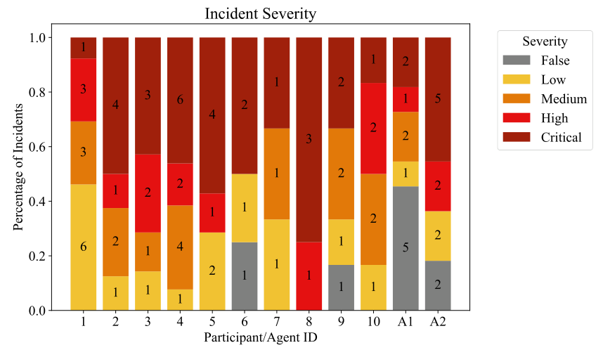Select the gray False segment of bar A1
[406, 248]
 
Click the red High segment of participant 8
[309, 276]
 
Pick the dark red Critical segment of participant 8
[309, 140]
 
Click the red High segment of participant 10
[373, 128]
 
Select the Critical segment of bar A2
[438, 99]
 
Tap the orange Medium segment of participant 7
[277, 174]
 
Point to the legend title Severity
[540, 41]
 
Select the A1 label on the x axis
[406, 322]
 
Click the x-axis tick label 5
[213, 322]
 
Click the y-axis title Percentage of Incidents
[20, 174]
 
